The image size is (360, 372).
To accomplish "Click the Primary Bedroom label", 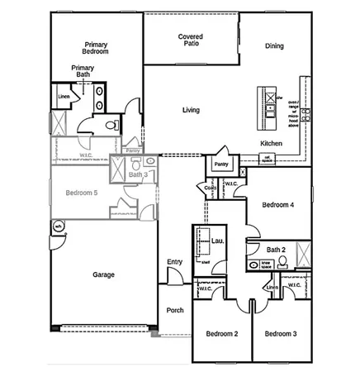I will [97, 47].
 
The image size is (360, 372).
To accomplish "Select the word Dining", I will [275, 46].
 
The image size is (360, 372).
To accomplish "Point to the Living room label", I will [192, 109].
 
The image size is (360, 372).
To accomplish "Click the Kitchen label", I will [272, 143].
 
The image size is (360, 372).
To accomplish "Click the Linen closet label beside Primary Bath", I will [64, 97].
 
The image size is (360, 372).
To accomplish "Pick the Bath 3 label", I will [138, 174].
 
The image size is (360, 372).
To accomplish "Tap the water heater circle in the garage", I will [59, 225].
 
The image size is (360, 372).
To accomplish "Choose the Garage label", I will [103, 274].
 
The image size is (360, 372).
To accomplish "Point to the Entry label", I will [174, 262].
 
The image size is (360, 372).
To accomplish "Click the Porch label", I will [175, 311].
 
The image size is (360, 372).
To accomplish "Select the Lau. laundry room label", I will [218, 241].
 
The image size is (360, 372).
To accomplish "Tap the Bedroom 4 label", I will [278, 204].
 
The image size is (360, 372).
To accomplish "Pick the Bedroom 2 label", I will [222, 333].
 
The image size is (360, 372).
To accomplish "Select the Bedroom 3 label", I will [281, 333].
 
